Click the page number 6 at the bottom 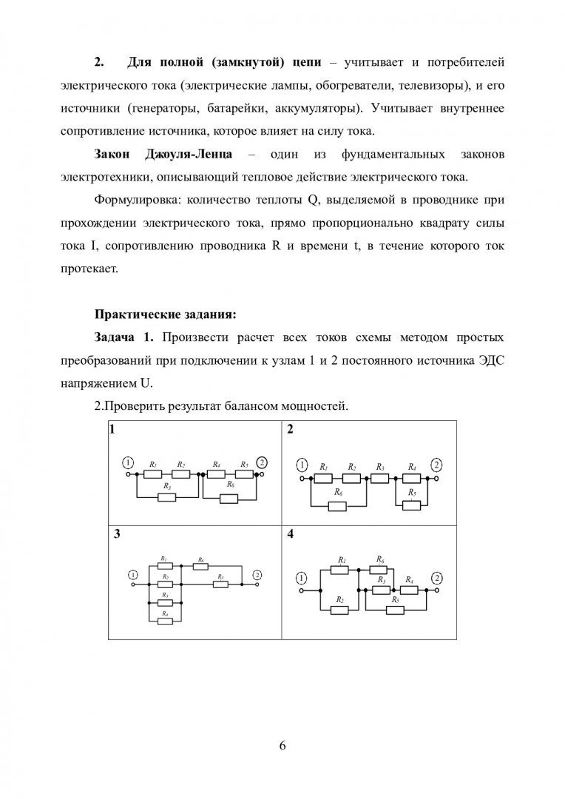[x=282, y=745]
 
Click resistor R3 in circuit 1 [x=167, y=496]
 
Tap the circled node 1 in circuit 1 [x=128, y=462]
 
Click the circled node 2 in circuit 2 [x=436, y=465]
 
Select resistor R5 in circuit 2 [x=411, y=505]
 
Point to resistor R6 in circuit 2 [x=337, y=506]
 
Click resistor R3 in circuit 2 [x=379, y=477]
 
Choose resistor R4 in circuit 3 [x=166, y=620]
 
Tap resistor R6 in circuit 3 [x=200, y=566]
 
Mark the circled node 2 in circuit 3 [x=257, y=574]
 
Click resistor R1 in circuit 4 [x=340, y=570]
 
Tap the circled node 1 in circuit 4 [x=301, y=578]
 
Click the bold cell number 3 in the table [x=115, y=534]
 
